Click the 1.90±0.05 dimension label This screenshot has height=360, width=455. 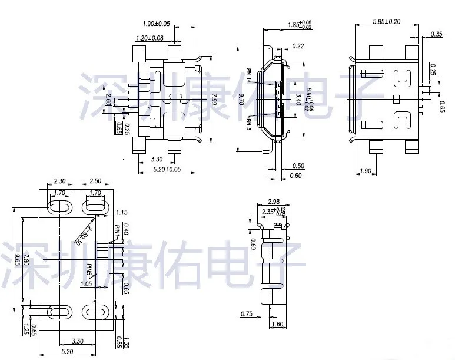point(156,24)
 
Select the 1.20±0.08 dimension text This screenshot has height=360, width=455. point(149,38)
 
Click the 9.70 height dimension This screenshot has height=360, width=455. point(241,101)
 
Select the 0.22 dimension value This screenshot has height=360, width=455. point(298,45)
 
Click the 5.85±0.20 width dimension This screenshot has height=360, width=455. point(386,22)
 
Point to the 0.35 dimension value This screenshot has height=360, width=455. point(436,34)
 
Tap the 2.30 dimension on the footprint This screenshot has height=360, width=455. point(60,181)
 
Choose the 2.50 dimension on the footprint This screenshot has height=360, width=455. point(95,181)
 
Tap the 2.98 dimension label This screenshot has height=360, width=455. point(273,201)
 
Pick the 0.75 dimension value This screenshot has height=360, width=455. point(247,314)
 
